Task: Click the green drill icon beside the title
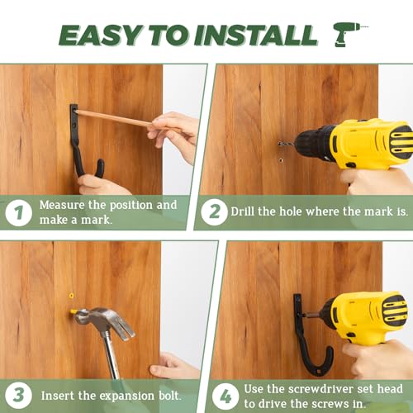[348, 35]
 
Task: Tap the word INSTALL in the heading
[256, 35]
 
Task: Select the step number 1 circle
[18, 213]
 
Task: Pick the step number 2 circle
[214, 212]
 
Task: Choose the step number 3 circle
[18, 396]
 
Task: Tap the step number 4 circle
[225, 396]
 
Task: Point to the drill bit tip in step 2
[279, 144]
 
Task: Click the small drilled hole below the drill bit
[281, 159]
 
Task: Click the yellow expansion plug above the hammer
[72, 296]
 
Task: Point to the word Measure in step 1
[62, 205]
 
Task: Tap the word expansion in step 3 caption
[126, 396]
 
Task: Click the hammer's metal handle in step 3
[112, 355]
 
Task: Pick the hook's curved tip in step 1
[100, 168]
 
